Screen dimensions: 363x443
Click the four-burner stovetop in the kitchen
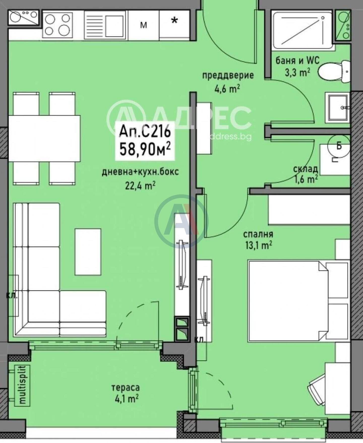click(x=57, y=25)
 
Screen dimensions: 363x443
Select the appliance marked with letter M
click(x=143, y=25)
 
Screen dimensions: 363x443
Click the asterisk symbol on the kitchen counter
click(x=174, y=21)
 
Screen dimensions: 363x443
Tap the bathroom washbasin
click(x=337, y=107)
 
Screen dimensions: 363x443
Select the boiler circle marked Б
click(x=339, y=146)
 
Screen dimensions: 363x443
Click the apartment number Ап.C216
click(x=145, y=131)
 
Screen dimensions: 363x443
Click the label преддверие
click(x=228, y=75)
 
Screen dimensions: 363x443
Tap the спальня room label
click(x=258, y=234)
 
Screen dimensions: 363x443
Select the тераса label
click(x=125, y=387)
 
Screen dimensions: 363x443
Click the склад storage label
click(x=305, y=169)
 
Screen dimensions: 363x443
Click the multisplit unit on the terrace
click(x=22, y=385)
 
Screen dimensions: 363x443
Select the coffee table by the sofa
click(x=88, y=252)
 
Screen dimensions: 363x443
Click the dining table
click(x=44, y=138)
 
